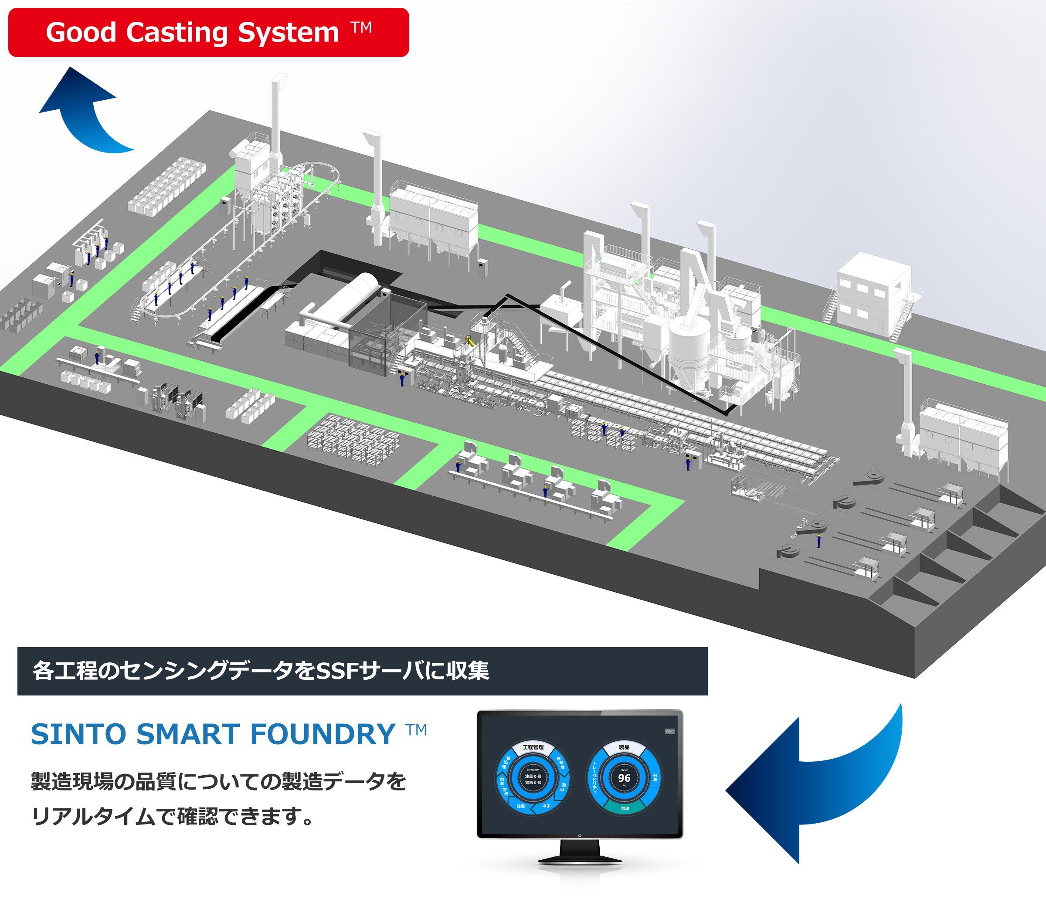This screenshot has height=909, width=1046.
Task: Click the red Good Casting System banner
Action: [x=208, y=32]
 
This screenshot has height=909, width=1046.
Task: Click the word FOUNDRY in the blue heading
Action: [x=323, y=734]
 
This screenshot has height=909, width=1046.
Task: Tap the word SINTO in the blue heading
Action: [x=78, y=734]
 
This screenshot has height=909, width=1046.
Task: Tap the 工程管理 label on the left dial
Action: [x=533, y=747]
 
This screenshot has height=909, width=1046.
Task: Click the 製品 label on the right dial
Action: [x=624, y=747]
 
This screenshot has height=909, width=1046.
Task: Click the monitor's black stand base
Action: [x=580, y=859]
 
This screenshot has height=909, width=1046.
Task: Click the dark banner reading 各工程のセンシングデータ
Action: [x=362, y=671]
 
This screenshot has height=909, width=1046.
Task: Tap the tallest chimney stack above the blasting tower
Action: [x=276, y=117]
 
